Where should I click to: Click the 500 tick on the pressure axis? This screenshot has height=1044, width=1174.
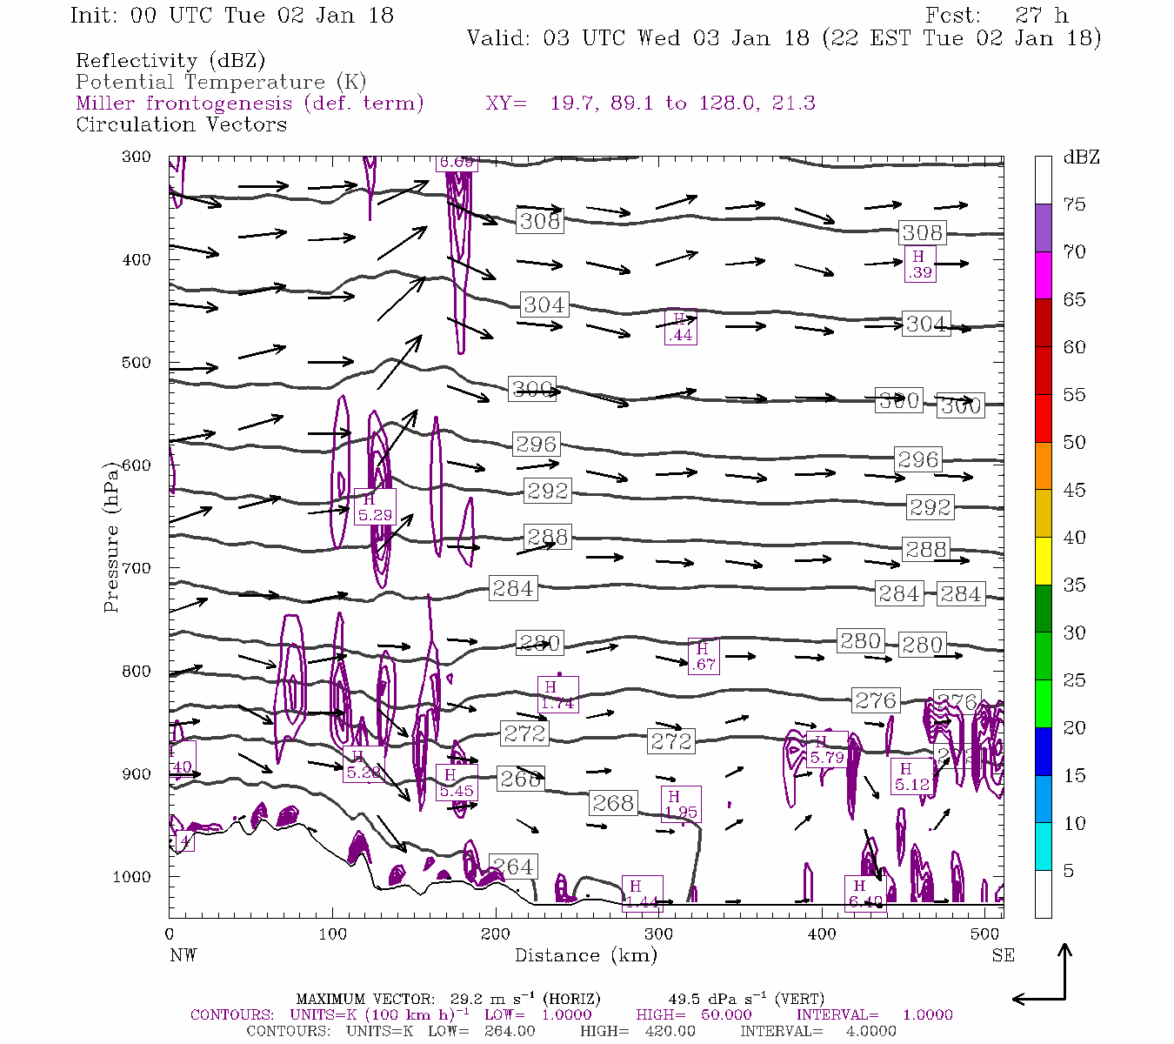[x=137, y=363]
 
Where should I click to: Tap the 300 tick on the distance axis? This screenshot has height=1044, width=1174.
[x=659, y=934]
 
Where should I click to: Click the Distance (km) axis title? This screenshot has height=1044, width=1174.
[x=585, y=955]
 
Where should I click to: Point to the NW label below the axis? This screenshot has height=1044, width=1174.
[x=183, y=955]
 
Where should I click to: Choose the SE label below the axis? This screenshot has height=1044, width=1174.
[x=1003, y=955]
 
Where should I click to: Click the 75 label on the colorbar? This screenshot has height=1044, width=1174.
[x=1075, y=204]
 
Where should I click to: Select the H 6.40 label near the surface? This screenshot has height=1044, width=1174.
[x=865, y=894]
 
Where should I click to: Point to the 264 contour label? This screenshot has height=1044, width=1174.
[x=512, y=867]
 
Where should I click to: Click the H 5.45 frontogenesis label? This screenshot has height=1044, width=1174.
[x=457, y=783]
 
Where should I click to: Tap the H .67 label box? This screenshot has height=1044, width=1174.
[x=703, y=656]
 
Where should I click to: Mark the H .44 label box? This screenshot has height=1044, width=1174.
[x=680, y=327]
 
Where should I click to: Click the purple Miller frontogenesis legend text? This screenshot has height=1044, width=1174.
[x=250, y=104]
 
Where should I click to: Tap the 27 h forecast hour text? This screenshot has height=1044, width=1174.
[x=1041, y=16]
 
